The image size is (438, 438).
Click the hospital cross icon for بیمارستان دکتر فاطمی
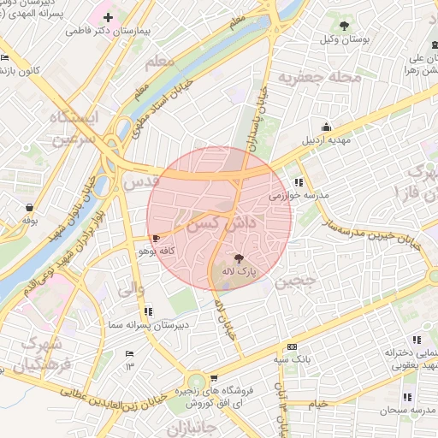pyautogui.click(x=108, y=17)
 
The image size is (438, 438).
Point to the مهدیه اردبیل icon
pyautogui.click(x=325, y=127)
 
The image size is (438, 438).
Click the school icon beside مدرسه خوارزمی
pyautogui.click(x=299, y=182)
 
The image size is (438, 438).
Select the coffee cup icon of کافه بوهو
pyautogui.click(x=155, y=239)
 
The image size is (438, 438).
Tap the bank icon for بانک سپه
pyautogui.click(x=292, y=347)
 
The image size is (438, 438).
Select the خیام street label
pyautogui.click(x=317, y=404)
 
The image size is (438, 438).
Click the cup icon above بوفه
pyautogui.click(x=30, y=207)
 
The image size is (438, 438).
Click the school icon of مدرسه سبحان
pyautogui.click(x=406, y=397)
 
